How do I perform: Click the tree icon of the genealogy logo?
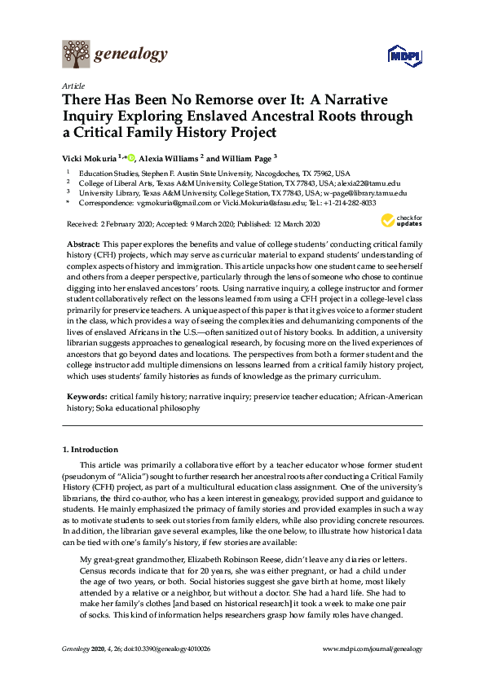pyautogui.click(x=76, y=55)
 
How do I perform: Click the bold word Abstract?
pyautogui.click(x=84, y=244)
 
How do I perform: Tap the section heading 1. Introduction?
pyautogui.click(x=90, y=449)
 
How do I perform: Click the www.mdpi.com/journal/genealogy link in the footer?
pyautogui.click(x=373, y=649)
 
